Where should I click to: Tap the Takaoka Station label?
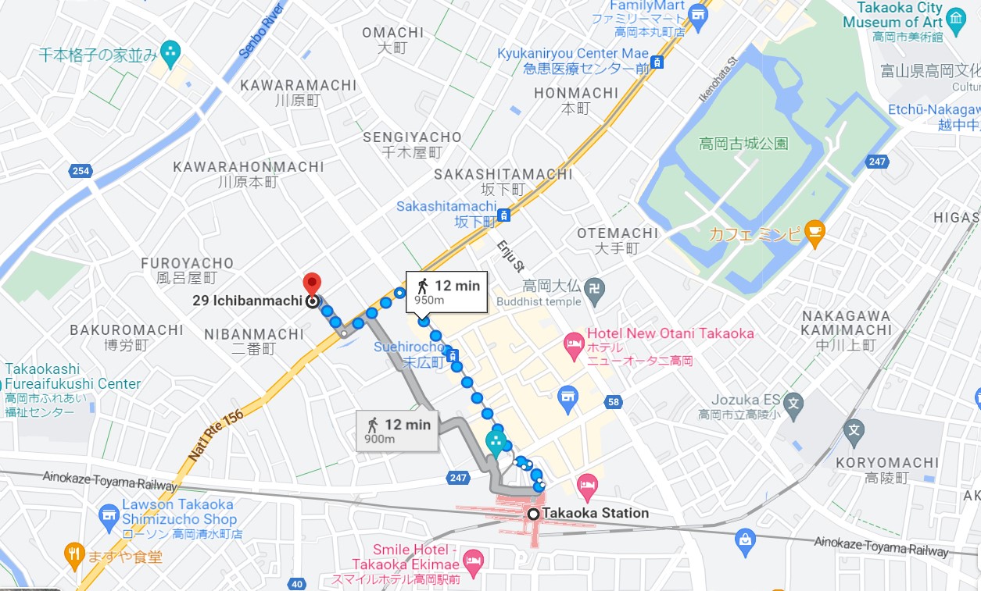pos(595,514)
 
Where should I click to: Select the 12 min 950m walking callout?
pos(447,292)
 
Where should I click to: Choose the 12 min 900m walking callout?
pos(397,430)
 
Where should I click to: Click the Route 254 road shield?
pos(80,171)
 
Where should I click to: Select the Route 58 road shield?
pos(614,402)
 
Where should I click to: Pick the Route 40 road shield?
pos(296,583)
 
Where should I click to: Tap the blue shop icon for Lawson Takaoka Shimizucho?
pos(109,514)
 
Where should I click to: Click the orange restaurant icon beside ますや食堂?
pos(74,553)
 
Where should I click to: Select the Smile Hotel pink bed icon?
pos(474,560)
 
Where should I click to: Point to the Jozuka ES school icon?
pos(793,404)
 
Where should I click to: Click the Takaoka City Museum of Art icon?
pos(956,18)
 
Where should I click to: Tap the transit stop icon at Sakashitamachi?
pos(505,215)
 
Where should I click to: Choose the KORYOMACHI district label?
pos(887,463)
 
